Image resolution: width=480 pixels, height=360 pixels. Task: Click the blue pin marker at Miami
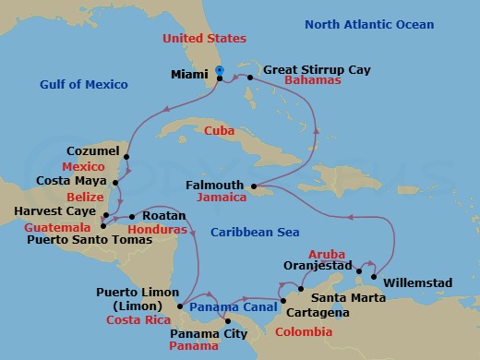tap(220, 71)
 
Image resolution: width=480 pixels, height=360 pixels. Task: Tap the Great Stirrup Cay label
tap(313, 68)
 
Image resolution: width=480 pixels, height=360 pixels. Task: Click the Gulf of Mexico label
tap(85, 84)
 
